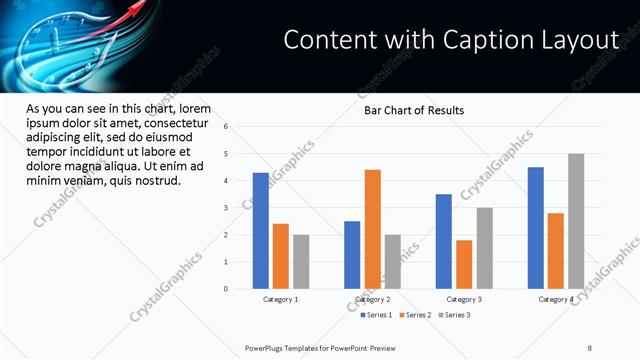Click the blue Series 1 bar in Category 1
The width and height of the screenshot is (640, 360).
point(261,231)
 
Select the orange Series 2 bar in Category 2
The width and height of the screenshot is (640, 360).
point(372,229)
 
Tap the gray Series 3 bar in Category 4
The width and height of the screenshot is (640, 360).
point(576,221)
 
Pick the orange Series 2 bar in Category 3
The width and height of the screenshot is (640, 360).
point(464,264)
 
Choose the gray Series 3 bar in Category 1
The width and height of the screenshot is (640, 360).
point(301,262)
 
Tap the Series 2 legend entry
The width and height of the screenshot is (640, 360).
point(417,315)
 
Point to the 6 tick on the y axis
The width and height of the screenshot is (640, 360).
point(226,127)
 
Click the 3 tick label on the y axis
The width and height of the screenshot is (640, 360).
point(226,208)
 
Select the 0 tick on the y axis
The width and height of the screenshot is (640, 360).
point(226,289)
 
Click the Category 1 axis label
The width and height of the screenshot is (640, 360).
point(281,300)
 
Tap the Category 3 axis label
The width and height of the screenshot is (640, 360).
point(464,300)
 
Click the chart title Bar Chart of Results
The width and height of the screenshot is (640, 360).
point(413,110)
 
